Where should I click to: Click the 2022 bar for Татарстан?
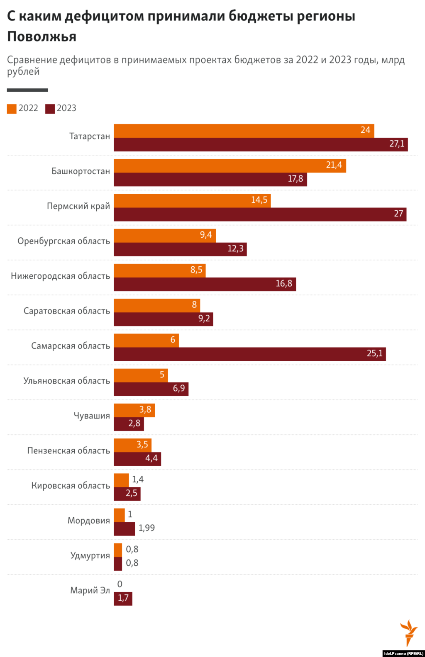tap(244, 131)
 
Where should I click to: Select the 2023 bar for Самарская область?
tap(250, 354)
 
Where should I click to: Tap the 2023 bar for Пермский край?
tap(260, 214)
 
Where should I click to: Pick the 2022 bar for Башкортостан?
tap(230, 165)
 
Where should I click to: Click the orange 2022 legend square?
tap(12, 109)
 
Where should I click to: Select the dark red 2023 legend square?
tap(50, 109)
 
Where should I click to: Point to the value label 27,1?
tap(397, 144)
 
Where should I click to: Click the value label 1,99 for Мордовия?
tap(147, 528)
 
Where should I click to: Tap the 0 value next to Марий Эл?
tap(120, 584)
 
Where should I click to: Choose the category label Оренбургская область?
tap(64, 241)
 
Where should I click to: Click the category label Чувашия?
tap(92, 416)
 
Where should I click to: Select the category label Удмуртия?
tap(90, 556)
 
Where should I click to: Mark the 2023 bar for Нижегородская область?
tap(205, 284)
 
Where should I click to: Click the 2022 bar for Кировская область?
tap(121, 480)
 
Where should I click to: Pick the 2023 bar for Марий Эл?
tap(123, 599)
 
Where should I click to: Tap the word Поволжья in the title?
tap(42, 37)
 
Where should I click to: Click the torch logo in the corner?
tap(409, 633)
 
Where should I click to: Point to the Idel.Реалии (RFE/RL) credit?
tap(403, 654)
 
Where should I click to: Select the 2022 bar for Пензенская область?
tap(132, 445)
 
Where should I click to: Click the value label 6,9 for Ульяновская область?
tap(179, 389)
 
